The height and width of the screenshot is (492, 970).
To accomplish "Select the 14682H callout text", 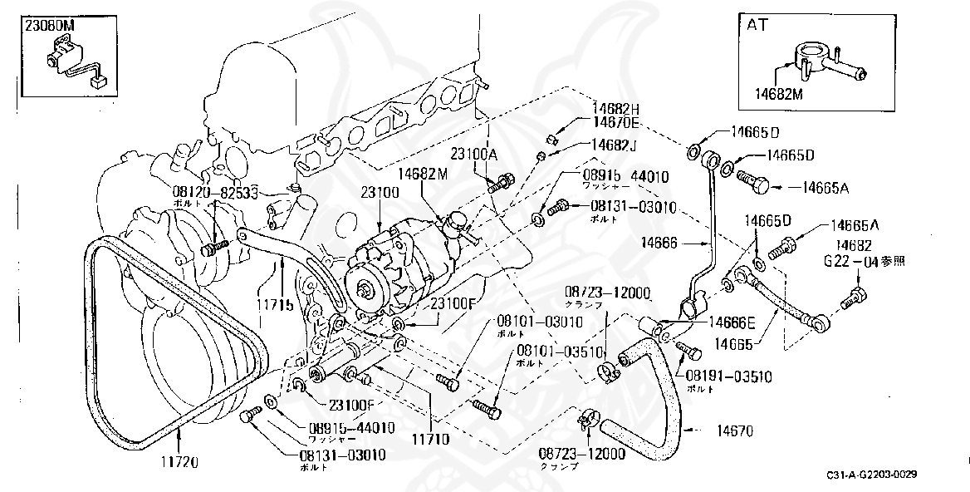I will (615, 109).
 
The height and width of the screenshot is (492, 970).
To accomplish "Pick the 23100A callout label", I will (474, 154).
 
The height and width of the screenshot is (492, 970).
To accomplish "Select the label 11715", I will (275, 305).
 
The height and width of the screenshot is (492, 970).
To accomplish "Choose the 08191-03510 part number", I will (728, 376).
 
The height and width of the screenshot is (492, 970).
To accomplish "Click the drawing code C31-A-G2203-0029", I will (871, 475).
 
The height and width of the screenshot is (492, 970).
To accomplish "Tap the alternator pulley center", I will (365, 290).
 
